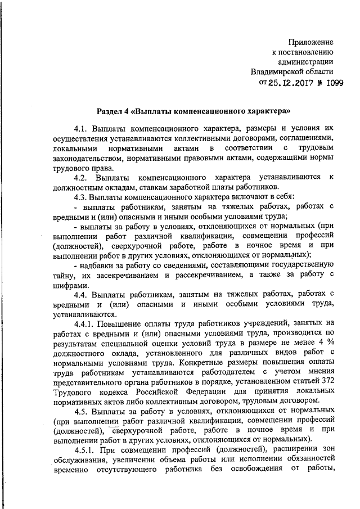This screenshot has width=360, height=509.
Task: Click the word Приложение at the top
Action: click(x=311, y=42)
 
